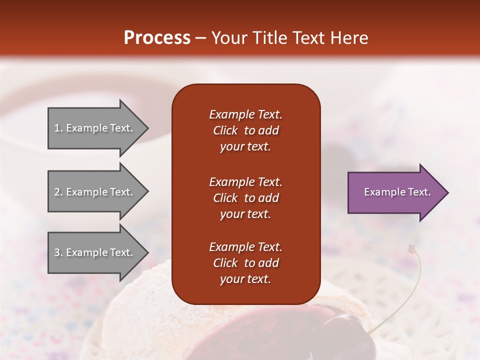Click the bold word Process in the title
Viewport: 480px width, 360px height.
(157, 37)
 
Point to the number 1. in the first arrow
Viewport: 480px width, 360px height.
(58, 128)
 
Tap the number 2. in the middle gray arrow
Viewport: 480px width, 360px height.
(58, 192)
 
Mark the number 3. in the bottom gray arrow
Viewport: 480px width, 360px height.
(58, 252)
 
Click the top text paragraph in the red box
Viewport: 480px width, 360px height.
(245, 130)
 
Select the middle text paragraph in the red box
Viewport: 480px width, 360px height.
(245, 198)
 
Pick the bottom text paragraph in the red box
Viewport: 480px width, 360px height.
(245, 263)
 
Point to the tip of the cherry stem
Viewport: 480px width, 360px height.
(411, 247)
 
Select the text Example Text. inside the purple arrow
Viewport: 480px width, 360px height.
(397, 192)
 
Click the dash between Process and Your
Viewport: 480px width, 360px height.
(201, 38)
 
